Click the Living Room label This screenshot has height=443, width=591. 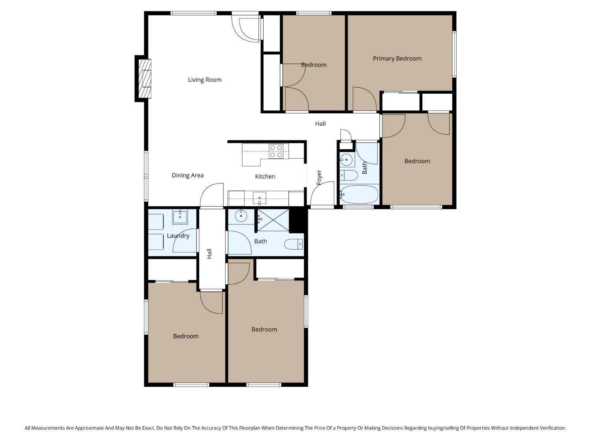pos(204,80)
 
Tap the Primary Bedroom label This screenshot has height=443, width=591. pos(397,59)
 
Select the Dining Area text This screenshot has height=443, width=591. pos(188,175)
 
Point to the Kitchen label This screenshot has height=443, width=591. pos(265,176)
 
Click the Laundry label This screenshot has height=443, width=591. pos(178,236)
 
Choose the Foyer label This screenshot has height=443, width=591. pos(319,178)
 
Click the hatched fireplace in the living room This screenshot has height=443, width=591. pos(145,78)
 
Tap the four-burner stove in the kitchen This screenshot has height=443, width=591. pos(276,151)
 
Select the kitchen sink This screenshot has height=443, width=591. pos(259,198)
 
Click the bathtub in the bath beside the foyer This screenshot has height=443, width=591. pos(359,194)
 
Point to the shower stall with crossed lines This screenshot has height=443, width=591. pos(273,220)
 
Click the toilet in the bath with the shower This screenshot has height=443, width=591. pos(294,244)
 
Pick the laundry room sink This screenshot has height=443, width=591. pos(180,217)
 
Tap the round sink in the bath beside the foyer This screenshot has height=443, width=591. pos(346,160)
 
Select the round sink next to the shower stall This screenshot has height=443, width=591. pos(241,216)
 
